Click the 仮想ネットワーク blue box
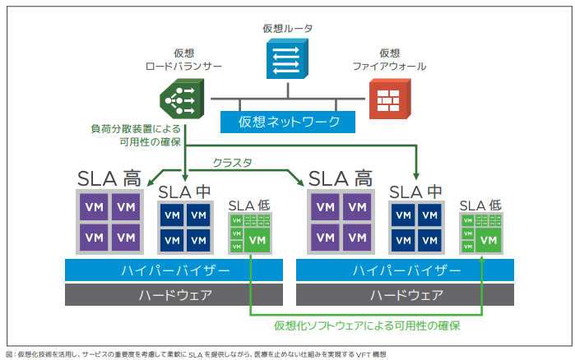(x=289, y=122)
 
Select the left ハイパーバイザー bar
(x=174, y=270)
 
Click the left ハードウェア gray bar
(x=174, y=294)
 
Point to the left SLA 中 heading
(x=185, y=192)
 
